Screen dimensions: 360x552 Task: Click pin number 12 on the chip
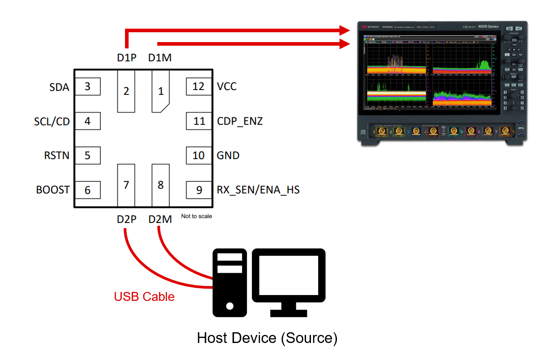tap(198, 86)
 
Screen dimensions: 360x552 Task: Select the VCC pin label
tap(227, 86)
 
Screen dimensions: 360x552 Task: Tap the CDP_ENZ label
tap(240, 121)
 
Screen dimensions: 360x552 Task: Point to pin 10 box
tap(198, 155)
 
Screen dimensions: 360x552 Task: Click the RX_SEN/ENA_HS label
tap(258, 190)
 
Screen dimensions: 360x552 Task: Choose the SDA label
tap(60, 87)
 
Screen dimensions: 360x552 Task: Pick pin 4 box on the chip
tap(87, 121)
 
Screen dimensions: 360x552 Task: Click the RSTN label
tap(57, 155)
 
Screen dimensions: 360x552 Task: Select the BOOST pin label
tap(53, 190)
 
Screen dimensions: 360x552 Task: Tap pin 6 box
tap(87, 190)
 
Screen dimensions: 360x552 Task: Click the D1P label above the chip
tap(126, 58)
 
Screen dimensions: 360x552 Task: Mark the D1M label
tap(160, 58)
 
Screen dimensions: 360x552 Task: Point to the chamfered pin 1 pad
tap(160, 91)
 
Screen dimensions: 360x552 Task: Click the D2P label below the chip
tap(126, 219)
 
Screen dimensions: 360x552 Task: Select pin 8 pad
tap(160, 184)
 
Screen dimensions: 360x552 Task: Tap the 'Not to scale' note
tap(196, 216)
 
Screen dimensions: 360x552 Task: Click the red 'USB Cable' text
tap(144, 296)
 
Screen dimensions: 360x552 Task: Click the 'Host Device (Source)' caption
tap(267, 338)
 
